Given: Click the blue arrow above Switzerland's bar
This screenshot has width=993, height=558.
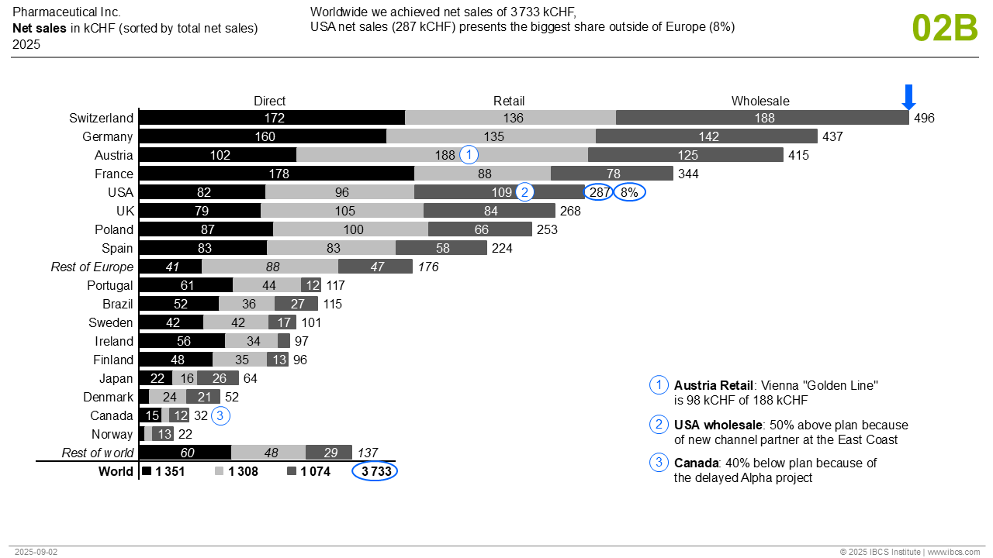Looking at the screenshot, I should pos(909,96).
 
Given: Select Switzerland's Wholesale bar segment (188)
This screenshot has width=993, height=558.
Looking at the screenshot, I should pos(763,118).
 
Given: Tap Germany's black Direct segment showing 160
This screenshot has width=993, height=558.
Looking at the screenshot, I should pos(263,136).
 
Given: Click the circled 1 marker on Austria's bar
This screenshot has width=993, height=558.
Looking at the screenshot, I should pos(469,155).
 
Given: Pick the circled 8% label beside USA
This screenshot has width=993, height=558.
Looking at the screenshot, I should pos(629,192).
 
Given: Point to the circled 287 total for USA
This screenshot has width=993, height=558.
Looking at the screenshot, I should pos(598,192).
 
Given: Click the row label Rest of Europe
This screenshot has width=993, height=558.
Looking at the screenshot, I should pos(92,267).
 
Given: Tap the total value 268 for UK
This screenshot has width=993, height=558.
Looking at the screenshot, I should pos(569,211).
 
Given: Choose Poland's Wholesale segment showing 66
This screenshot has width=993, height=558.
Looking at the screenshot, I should pos(480,229).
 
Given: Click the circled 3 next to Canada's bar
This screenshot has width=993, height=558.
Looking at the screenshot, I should pos(220,415).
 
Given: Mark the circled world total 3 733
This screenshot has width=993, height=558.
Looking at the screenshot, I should pos(375,471).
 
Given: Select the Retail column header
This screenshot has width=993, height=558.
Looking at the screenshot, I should pos(509,101).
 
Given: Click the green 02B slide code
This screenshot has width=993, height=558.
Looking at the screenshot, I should pos(945,28).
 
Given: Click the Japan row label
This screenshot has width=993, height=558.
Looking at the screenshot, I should pos(116,378).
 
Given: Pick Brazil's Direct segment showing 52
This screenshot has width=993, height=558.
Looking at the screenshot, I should pos(180,304).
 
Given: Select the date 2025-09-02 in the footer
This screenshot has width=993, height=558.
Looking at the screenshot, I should pos(36,552).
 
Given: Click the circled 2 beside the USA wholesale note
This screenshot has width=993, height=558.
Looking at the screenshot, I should pos(659,425).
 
